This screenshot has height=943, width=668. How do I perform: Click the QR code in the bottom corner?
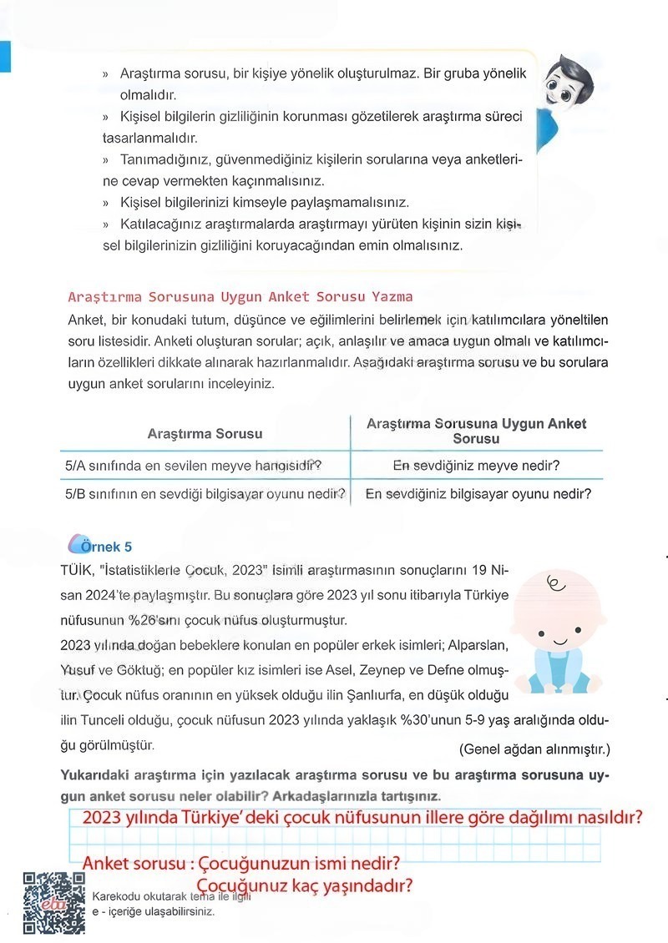point(53,903)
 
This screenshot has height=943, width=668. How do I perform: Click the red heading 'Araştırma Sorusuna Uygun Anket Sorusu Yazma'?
point(240,296)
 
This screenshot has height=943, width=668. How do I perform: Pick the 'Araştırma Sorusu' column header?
point(205,433)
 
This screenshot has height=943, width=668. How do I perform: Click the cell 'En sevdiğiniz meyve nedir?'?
point(476,465)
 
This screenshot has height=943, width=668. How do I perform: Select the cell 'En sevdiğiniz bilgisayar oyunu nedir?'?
point(478,493)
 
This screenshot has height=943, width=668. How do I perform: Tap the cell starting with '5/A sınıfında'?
point(194,465)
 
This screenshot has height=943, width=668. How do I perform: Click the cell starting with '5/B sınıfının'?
point(205,493)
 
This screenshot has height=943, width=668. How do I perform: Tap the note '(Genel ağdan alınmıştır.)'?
point(534,748)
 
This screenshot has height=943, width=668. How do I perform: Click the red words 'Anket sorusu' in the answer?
point(134,861)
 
